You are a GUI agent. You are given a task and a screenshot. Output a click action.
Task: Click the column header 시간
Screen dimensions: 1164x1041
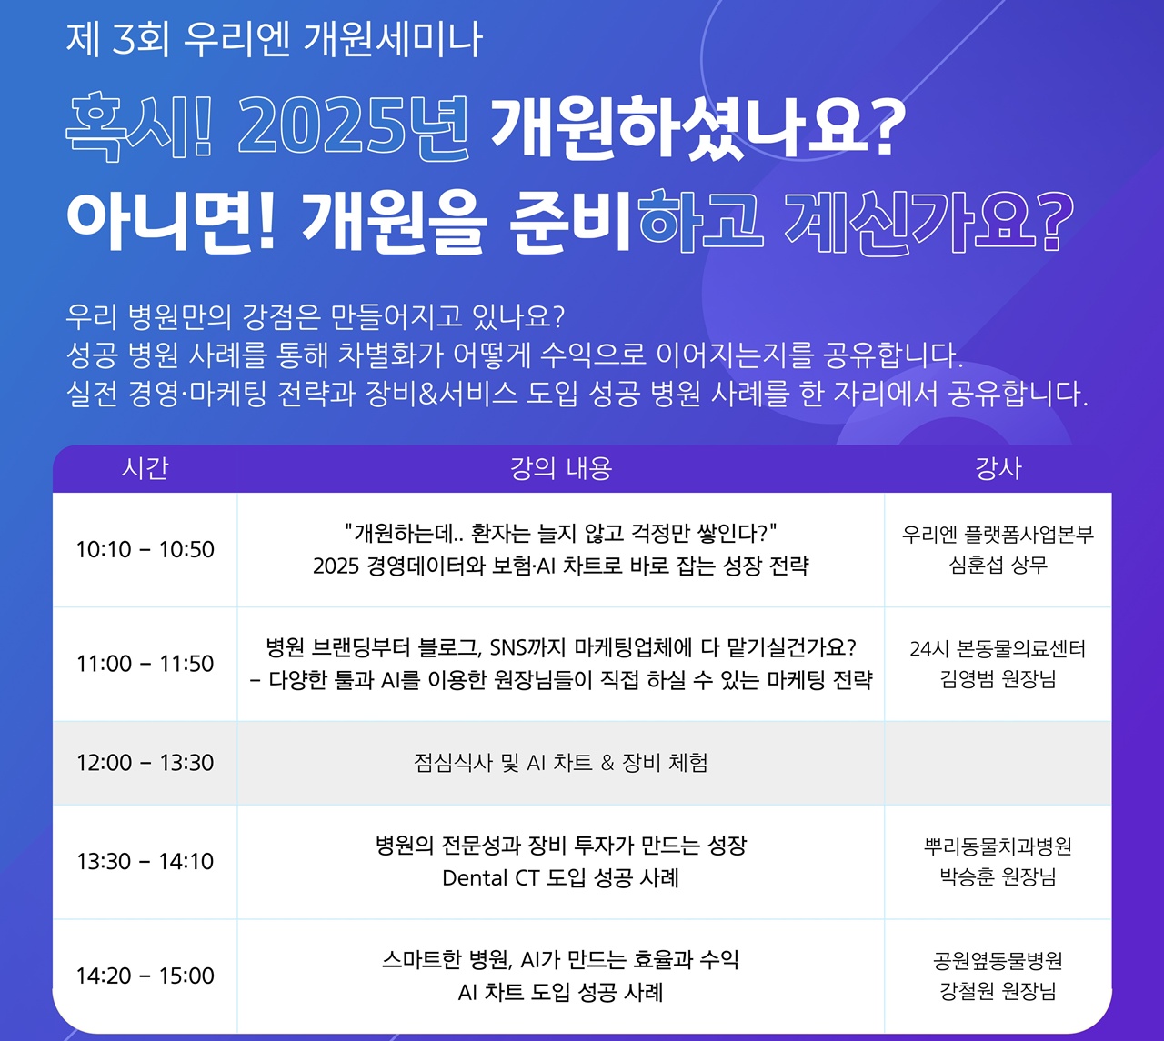tap(145, 468)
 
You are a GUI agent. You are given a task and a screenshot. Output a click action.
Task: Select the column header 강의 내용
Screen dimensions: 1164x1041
tap(561, 468)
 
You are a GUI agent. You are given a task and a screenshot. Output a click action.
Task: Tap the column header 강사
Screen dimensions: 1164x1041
tap(998, 468)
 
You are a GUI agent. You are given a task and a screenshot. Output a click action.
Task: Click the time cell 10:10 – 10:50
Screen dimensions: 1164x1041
tap(145, 550)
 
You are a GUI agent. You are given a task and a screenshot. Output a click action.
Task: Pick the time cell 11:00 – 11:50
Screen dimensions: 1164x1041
tap(145, 664)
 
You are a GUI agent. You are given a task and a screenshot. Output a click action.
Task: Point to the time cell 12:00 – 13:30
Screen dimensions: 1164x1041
tap(145, 763)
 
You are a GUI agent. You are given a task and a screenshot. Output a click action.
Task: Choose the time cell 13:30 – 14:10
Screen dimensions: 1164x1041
tap(145, 862)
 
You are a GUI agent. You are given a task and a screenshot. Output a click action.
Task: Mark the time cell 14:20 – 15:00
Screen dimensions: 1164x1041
tap(145, 976)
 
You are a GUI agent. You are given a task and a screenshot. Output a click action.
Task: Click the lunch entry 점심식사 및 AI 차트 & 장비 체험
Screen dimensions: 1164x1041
tap(561, 763)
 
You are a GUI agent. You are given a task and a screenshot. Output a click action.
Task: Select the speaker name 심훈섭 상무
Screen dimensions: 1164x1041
tap(998, 566)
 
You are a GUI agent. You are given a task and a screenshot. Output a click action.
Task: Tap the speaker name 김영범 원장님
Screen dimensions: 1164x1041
tap(998, 679)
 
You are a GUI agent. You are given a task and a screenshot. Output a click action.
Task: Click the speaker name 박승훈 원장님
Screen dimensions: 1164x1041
tap(998, 876)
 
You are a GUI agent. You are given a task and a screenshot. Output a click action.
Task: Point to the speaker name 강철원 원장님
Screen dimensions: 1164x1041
tap(998, 991)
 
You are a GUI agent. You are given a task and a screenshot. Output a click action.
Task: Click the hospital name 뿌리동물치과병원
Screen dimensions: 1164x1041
tap(998, 846)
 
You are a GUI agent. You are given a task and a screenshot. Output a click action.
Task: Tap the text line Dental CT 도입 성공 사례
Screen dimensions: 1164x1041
tap(561, 878)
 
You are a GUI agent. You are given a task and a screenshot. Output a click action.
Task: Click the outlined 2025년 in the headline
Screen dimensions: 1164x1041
tap(354, 127)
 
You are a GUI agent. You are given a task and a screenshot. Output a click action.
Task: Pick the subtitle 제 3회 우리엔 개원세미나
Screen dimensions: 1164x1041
tap(274, 40)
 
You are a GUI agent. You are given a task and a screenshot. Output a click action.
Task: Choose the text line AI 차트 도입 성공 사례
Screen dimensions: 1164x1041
tap(561, 992)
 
